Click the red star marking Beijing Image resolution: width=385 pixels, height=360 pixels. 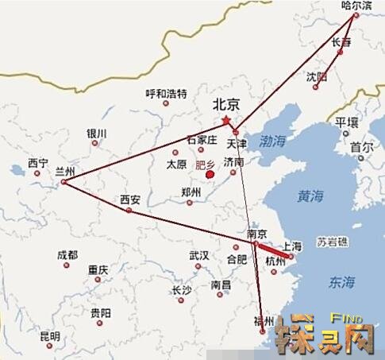point(226,120)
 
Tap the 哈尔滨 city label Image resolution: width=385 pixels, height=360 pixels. point(356,5)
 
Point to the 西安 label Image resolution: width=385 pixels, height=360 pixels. point(130,199)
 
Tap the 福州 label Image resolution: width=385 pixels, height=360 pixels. point(263,321)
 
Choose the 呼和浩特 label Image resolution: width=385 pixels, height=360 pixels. point(166,94)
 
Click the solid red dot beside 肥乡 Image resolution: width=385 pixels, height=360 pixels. point(210,175)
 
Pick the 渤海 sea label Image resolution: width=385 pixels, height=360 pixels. point(272,141)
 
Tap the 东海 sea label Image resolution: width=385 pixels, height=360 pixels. point(342,281)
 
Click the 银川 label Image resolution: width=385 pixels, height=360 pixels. point(97,133)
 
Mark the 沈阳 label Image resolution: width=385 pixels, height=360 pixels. point(316,76)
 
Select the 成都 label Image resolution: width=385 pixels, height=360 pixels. point(67,254)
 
